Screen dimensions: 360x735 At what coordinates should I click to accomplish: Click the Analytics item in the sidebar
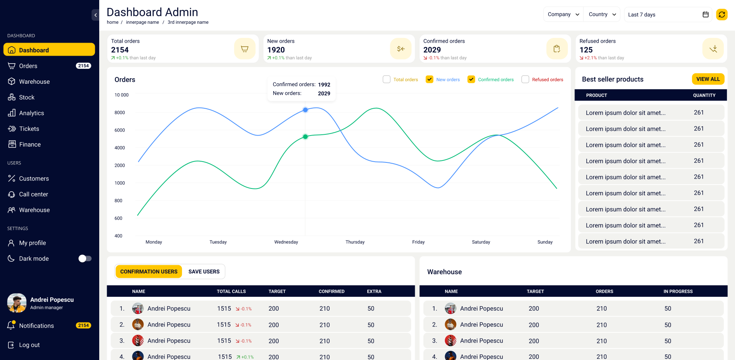point(31,113)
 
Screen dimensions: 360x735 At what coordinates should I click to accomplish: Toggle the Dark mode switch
point(85,258)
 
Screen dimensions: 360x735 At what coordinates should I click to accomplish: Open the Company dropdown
point(563,14)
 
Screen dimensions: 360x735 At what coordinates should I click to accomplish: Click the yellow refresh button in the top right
point(722,15)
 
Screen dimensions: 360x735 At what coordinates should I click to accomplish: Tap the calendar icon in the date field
point(705,15)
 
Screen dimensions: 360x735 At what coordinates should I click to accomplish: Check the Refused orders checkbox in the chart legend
point(525,79)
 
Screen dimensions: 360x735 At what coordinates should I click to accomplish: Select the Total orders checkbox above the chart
point(387,79)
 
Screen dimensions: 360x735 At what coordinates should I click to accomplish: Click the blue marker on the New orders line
point(305,110)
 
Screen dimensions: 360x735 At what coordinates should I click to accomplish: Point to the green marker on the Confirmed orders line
point(305,137)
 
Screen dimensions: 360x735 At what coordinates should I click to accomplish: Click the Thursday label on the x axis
point(355,242)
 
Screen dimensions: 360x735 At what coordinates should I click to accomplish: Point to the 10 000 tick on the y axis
point(121,95)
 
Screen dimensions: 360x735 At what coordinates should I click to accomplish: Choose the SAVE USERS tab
point(204,271)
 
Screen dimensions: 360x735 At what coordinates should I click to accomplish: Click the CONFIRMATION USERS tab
point(149,271)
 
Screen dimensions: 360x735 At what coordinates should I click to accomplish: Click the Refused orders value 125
point(586,50)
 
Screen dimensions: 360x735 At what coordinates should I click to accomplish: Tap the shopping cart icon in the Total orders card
point(244,49)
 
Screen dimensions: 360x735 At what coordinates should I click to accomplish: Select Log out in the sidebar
point(29,345)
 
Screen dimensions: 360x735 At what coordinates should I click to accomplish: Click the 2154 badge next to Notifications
point(83,326)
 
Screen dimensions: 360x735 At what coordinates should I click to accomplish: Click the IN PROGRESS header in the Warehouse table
point(678,291)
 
